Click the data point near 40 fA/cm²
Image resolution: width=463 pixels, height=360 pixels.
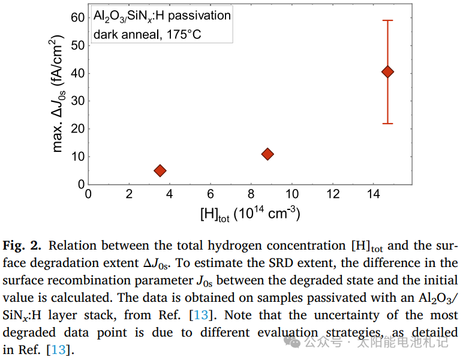(387, 72)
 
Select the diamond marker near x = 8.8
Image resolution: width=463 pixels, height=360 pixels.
(267, 154)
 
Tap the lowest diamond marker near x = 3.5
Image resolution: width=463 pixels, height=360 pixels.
(160, 170)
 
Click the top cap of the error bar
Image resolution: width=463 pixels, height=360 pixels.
(387, 20)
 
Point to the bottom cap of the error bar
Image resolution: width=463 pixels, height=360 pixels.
(387, 124)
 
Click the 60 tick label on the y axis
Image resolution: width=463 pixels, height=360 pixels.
(77, 17)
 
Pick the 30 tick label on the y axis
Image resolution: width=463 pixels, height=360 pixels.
(77, 101)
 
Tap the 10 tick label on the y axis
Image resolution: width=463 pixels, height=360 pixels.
(77, 157)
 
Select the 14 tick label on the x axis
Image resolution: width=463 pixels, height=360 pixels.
(374, 194)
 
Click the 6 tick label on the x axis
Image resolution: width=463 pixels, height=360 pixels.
(211, 194)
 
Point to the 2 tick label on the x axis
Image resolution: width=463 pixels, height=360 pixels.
(129, 194)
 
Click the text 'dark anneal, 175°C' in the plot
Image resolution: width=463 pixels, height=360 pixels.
(147, 34)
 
